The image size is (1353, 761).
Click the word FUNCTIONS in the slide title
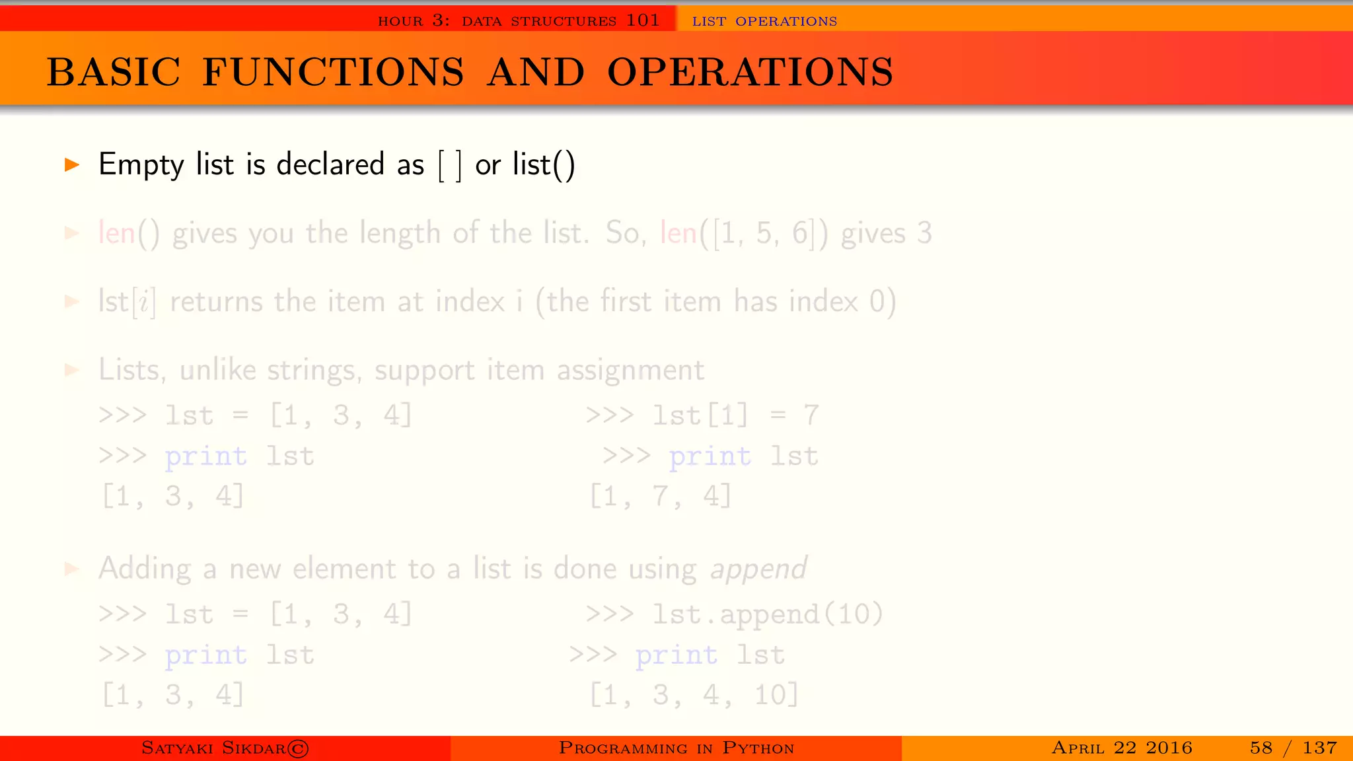pos(333,72)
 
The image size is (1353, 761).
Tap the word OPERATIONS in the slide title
pos(750,72)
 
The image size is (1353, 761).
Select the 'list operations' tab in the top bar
pos(764,21)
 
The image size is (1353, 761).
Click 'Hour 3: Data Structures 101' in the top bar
pos(519,20)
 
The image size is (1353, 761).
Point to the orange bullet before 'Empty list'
pos(71,164)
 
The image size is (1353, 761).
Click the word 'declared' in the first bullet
pos(330,164)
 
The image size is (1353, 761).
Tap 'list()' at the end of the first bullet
pos(544,164)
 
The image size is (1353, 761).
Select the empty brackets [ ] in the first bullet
pos(450,165)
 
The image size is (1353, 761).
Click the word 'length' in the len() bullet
pos(400,233)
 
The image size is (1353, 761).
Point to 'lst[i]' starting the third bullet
pos(127,302)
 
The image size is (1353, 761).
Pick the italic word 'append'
pos(758,569)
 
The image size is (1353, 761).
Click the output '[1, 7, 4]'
pos(661,495)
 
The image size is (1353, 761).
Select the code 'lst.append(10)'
pos(767,614)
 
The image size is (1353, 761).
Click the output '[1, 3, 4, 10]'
pos(694,695)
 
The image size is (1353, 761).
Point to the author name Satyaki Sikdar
pos(225,748)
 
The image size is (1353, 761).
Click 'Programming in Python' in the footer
pos(676,748)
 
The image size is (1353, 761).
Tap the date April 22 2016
pos(1122,748)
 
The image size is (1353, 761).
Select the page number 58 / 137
pos(1293,748)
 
